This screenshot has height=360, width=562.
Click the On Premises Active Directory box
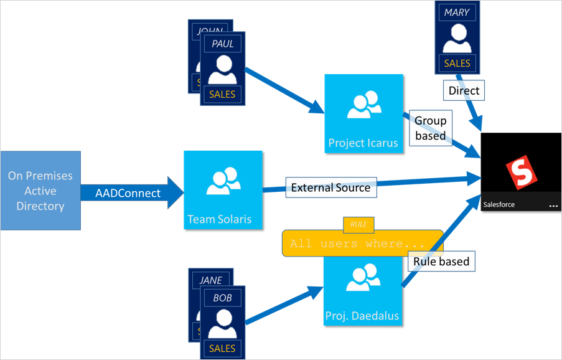coord(40,191)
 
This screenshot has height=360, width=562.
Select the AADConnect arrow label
coord(128,193)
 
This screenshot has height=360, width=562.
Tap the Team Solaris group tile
coord(223,190)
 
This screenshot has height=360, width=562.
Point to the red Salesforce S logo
coord(520,172)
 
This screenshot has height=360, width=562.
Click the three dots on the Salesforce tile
coord(553,205)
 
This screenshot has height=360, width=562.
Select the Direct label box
coord(464,91)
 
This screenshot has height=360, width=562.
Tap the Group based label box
coord(430,128)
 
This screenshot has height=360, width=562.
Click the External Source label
coord(330,187)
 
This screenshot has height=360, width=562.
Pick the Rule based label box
coord(441,262)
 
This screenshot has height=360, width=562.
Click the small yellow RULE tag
coord(358,224)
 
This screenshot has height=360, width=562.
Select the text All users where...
coord(357,244)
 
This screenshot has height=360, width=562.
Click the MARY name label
coord(456,12)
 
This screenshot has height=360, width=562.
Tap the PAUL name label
coord(222,44)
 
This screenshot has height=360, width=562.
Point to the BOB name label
coord(222,298)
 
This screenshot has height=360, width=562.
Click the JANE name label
coord(210,280)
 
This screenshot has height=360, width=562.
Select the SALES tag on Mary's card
coord(457,64)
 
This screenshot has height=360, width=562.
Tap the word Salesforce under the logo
coord(499,204)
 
